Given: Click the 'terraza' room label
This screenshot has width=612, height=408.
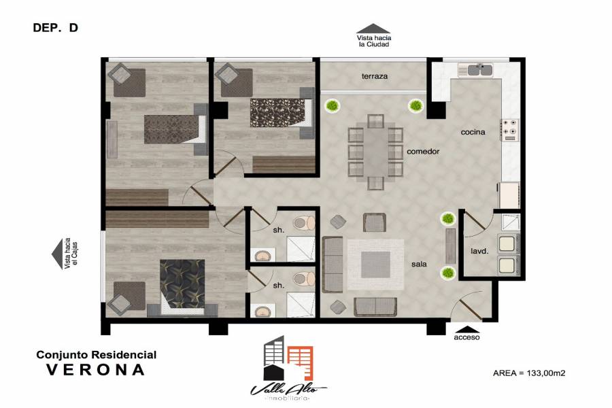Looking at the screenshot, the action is [x=374, y=77].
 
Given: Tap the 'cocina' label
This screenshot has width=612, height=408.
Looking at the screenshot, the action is [x=473, y=132].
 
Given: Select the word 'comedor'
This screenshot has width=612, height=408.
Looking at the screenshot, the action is [x=423, y=151].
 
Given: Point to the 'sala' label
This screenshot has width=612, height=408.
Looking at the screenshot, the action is [x=419, y=264].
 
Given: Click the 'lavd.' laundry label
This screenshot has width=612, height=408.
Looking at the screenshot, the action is [x=479, y=252].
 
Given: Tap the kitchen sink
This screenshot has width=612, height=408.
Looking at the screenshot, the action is [x=479, y=70].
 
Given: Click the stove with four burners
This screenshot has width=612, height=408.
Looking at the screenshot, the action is [x=509, y=130].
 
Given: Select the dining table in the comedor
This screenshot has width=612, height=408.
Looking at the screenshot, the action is [x=375, y=152].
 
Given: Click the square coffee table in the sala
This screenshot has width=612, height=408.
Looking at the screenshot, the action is [x=375, y=265].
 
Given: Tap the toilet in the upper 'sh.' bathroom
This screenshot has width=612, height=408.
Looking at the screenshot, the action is [x=304, y=223].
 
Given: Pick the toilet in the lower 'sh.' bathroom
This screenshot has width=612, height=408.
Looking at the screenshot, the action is [x=304, y=279].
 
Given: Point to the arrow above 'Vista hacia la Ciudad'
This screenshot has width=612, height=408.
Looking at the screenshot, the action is [x=373, y=29].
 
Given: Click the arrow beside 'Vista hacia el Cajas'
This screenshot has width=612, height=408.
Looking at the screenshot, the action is [x=57, y=254].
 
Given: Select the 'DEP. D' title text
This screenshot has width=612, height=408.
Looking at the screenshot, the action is [x=56, y=28].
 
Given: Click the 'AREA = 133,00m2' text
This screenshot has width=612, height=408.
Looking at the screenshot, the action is [x=529, y=373].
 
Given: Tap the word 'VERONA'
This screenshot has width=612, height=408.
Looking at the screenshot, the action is [x=96, y=370].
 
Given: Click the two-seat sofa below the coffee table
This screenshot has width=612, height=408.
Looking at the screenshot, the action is [x=375, y=307].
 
